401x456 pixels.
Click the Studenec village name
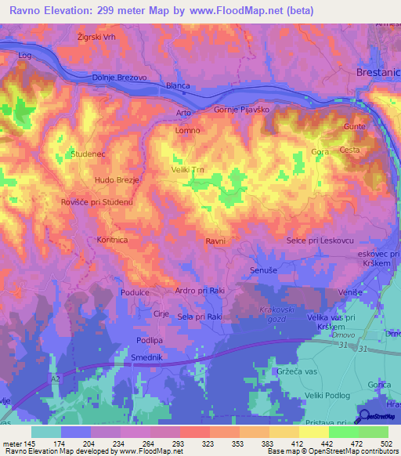coord(87,154)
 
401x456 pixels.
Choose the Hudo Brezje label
coord(117,180)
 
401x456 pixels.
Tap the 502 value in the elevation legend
coord(388,443)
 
